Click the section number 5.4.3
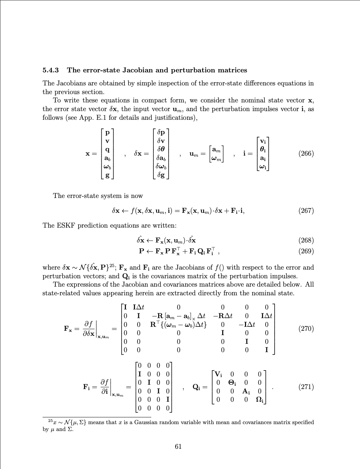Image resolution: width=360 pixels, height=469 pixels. pyautogui.click(x=51, y=70)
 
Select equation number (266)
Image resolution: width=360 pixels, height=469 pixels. pyautogui.click(x=306, y=153)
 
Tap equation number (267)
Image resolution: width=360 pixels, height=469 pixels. pyautogui.click(x=306, y=211)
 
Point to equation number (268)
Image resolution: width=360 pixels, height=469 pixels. pyautogui.click(x=306, y=240)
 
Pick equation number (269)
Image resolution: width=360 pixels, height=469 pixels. pyautogui.click(x=306, y=251)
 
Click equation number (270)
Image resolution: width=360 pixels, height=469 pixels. pyautogui.click(x=306, y=329)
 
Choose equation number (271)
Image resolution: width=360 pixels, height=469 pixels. pyautogui.click(x=306, y=387)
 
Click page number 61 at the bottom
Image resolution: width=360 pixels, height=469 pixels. pyautogui.click(x=178, y=446)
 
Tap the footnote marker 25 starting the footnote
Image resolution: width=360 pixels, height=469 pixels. pyautogui.click(x=50, y=421)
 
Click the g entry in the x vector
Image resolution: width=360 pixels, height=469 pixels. pyautogui.click(x=107, y=175)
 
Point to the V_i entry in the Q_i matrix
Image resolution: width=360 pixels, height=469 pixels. pyautogui.click(x=219, y=374)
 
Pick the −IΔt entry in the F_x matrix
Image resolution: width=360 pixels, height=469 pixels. pyautogui.click(x=247, y=325)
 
